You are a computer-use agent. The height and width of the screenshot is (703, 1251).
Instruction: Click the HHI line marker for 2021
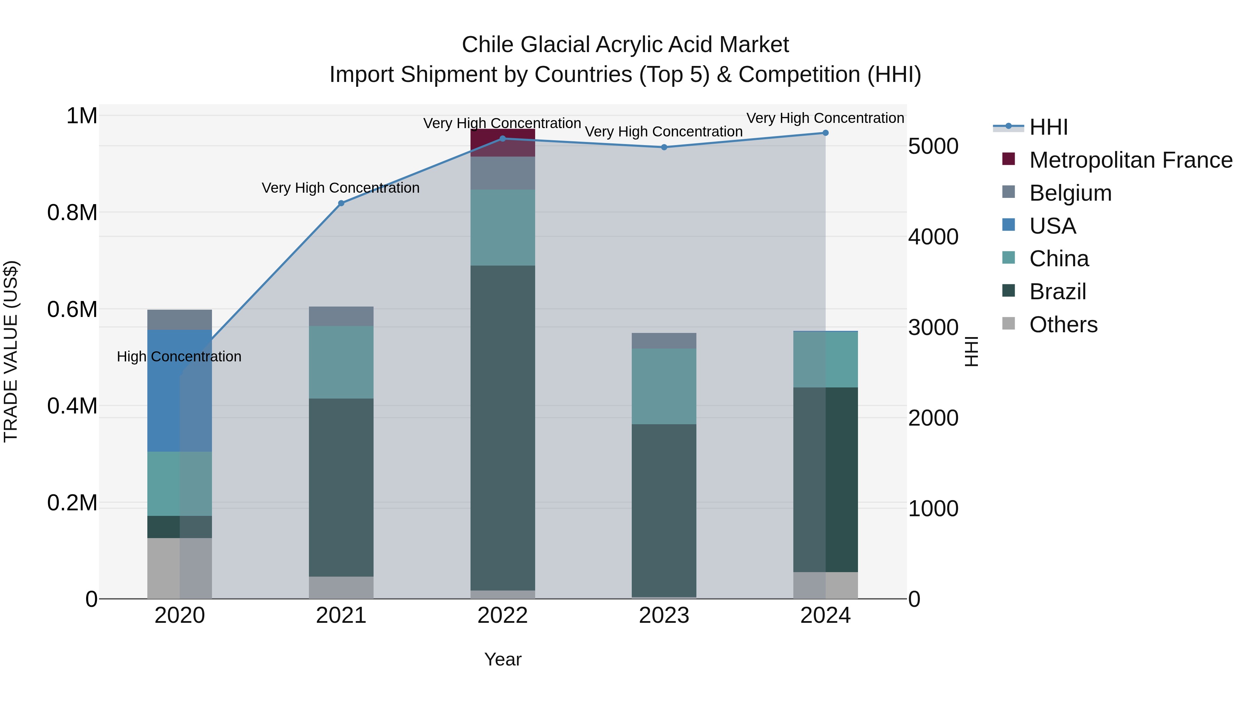click(341, 203)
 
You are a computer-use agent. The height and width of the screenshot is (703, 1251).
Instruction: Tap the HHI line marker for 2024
click(825, 133)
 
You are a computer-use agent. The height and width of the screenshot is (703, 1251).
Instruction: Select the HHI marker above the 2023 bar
click(664, 147)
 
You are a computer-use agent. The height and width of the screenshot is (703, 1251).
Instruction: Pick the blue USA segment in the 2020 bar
click(164, 391)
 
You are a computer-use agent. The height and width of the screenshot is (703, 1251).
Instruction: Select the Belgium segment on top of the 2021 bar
click(341, 316)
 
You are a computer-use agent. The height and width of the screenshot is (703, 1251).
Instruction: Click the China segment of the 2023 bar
click(664, 386)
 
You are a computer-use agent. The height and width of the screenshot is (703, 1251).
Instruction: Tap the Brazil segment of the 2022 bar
click(502, 427)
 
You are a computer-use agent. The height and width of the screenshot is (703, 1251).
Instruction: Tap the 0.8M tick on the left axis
click(72, 212)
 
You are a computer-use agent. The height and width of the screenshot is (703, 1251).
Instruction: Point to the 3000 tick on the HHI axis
click(933, 327)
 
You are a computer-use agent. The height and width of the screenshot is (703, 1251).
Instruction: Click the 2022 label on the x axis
click(502, 616)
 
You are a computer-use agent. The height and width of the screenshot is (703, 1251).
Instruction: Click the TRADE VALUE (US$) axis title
click(11, 351)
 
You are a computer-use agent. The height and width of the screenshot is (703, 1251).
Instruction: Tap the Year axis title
click(502, 659)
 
